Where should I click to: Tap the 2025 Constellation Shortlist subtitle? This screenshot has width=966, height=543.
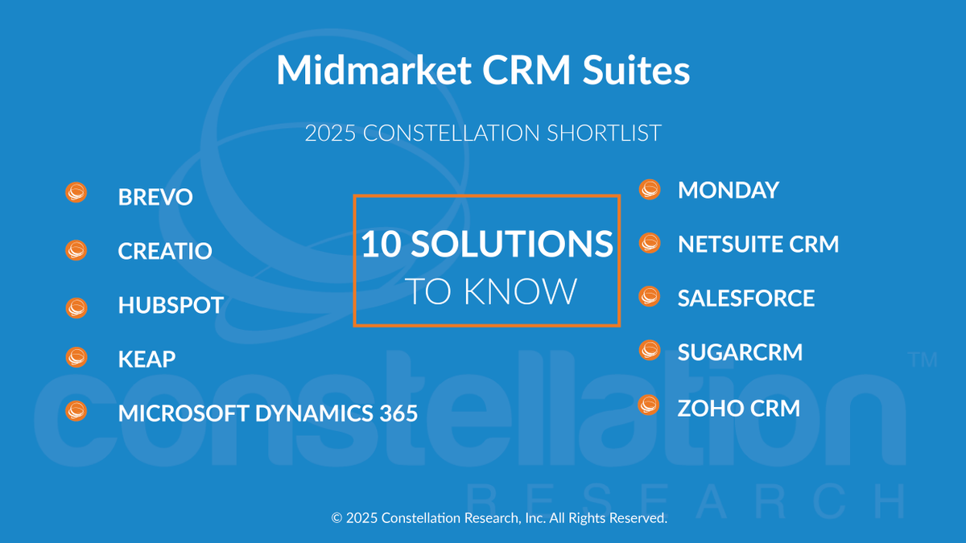tap(483, 133)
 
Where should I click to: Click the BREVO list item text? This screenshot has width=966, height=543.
tap(155, 197)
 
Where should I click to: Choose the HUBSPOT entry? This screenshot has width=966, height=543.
tap(171, 306)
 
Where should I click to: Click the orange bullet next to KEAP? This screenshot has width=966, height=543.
tap(76, 357)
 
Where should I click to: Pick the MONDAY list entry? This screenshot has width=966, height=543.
tap(729, 190)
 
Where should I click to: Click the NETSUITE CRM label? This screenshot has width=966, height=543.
tap(758, 244)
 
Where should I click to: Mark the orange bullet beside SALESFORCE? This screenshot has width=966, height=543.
tap(649, 297)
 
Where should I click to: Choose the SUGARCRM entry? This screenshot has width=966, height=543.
tap(740, 352)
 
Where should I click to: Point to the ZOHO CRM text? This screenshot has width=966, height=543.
tap(739, 408)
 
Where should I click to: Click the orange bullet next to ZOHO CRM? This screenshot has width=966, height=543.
tap(649, 405)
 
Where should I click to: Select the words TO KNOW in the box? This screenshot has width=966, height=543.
tap(490, 291)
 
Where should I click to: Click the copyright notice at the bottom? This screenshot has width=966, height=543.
tap(499, 518)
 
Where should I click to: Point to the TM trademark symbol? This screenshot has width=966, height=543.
tap(923, 360)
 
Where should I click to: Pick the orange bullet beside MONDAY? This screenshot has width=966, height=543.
tap(649, 189)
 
